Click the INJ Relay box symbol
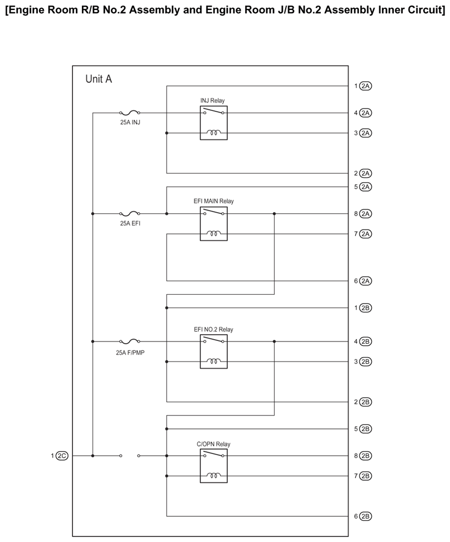(x=214, y=123)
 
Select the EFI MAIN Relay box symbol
(x=214, y=223)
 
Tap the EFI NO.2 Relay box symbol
(x=214, y=351)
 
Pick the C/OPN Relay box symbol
(x=214, y=466)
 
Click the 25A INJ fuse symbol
(x=130, y=113)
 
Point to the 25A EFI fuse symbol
(x=130, y=213)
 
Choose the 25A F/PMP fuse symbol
(x=130, y=341)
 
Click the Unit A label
(x=99, y=79)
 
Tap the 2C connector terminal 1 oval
(x=61, y=456)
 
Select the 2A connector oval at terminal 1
(x=366, y=86)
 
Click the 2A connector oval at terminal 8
(x=366, y=213)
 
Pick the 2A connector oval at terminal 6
(x=366, y=281)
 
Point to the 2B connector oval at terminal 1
(x=366, y=307)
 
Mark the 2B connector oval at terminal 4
(x=366, y=341)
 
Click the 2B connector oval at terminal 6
(x=366, y=516)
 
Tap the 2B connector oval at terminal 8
(x=366, y=456)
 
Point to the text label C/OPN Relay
(x=213, y=444)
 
